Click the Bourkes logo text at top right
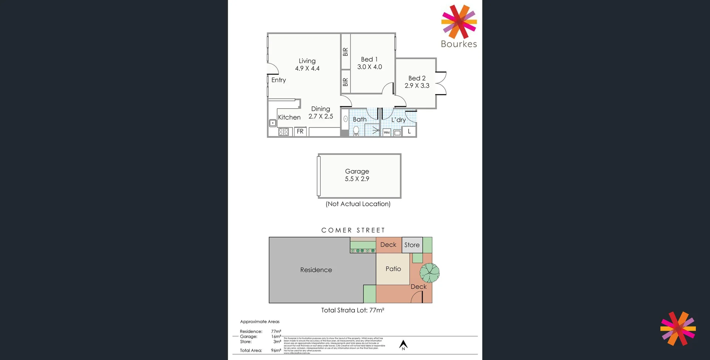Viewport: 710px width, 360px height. click(x=459, y=44)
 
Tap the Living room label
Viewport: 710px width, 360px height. click(x=307, y=61)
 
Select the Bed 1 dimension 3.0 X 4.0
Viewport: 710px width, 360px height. click(x=369, y=67)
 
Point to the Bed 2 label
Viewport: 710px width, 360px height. click(x=417, y=78)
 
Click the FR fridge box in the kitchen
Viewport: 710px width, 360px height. click(x=300, y=132)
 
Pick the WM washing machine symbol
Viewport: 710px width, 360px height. click(x=386, y=132)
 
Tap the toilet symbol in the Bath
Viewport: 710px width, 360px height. click(x=356, y=130)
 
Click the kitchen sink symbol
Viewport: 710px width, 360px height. click(x=273, y=123)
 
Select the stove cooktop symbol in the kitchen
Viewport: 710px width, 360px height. click(x=283, y=132)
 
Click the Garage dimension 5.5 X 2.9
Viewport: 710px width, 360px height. click(x=357, y=179)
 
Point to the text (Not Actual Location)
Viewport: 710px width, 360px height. click(x=358, y=204)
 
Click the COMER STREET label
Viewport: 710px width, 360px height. click(x=353, y=230)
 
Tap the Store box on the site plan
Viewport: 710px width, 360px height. click(x=412, y=245)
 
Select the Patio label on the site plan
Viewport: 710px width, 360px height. click(x=393, y=269)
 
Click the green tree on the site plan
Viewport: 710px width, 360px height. click(x=429, y=273)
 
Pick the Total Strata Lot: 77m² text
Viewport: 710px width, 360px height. click(x=352, y=310)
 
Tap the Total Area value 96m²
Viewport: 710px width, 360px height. click(x=276, y=350)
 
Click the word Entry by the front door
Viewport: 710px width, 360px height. click(x=278, y=80)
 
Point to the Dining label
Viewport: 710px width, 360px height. click(x=320, y=109)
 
